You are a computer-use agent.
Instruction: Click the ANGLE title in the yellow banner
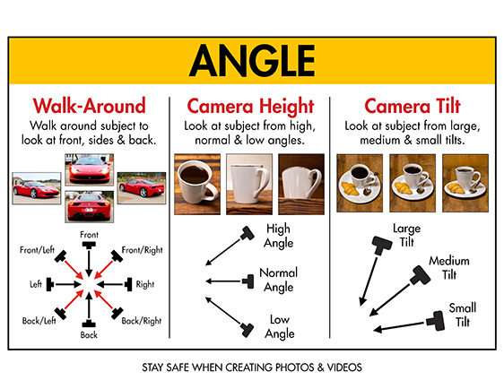click(252, 61)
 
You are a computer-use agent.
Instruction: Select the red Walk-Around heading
click(89, 106)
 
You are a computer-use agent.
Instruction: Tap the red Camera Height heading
click(250, 107)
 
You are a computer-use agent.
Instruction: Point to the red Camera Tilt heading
click(413, 106)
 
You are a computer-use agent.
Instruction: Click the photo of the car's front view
click(90, 169)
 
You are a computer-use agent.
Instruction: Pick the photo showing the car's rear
click(90, 206)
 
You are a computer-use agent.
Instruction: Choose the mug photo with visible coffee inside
click(197, 184)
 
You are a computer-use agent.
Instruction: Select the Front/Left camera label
click(37, 249)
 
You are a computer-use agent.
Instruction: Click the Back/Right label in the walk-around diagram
click(142, 321)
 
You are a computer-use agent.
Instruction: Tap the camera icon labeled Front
click(89, 245)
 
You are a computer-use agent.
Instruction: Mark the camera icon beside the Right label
click(128, 284)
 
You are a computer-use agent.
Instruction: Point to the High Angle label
click(278, 236)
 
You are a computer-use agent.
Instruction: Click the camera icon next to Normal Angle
click(248, 281)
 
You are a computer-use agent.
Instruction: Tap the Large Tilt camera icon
click(382, 245)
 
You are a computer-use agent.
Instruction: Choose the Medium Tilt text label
click(449, 268)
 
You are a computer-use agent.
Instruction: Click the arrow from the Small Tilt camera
click(400, 326)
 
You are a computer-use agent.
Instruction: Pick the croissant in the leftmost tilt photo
click(350, 188)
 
